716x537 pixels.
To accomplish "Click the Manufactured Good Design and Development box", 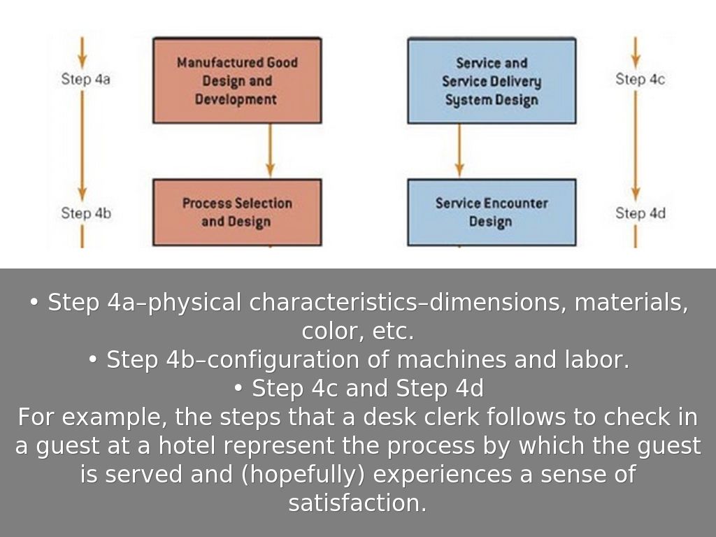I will (237, 80).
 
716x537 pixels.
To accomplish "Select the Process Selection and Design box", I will (237, 212).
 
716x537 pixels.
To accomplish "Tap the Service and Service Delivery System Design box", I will (492, 80).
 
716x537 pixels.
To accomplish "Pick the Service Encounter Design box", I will (492, 212).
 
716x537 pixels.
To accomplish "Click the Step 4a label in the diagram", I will (85, 79).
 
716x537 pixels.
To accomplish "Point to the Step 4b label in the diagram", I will (85, 213).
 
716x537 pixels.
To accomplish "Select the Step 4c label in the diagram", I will (640, 79).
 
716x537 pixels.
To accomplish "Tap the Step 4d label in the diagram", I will (640, 213).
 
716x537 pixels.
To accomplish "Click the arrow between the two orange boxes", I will (270, 150).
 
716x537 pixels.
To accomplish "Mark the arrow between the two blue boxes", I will (459, 150).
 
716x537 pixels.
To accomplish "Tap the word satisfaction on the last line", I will (357, 503).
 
